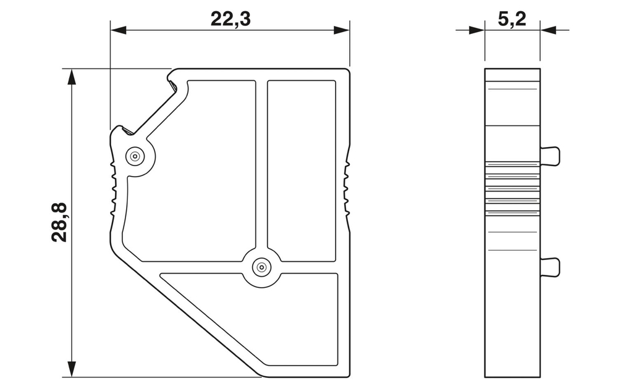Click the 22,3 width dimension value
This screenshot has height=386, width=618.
(231, 19)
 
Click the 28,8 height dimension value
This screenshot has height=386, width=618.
(61, 222)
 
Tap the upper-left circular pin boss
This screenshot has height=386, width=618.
(134, 157)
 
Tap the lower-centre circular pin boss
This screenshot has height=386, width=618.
(261, 267)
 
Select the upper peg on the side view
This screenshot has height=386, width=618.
(550, 156)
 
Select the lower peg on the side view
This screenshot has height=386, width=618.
(550, 267)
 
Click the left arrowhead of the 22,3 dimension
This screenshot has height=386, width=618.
(118, 30)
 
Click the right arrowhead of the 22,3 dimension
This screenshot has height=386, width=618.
(342, 30)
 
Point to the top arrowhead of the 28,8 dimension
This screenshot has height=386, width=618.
(72, 77)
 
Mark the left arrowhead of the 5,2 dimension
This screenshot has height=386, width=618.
(477, 29)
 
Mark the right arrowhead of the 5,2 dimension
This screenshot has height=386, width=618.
(548, 29)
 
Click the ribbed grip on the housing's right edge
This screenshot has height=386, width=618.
(347, 188)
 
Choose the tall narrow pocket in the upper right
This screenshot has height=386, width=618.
(302, 170)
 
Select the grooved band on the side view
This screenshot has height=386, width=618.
(512, 188)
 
